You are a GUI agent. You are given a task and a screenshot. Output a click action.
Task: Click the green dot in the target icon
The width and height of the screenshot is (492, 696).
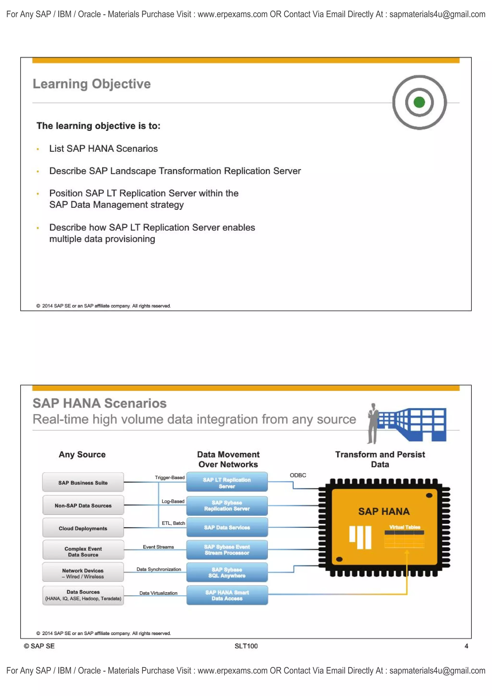tap(419, 102)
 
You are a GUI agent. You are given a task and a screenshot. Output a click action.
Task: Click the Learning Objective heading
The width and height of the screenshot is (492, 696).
tap(92, 84)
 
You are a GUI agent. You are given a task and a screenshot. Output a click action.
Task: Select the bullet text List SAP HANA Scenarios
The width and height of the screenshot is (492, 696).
tap(103, 148)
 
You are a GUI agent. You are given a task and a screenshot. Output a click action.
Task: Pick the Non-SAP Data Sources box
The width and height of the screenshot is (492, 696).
tap(83, 505)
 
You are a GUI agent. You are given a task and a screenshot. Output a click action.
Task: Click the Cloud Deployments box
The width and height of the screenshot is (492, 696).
tap(83, 528)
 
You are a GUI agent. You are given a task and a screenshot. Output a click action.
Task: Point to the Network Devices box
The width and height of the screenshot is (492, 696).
tap(83, 573)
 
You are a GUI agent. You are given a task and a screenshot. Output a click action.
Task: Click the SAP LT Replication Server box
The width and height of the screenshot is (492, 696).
tap(227, 482)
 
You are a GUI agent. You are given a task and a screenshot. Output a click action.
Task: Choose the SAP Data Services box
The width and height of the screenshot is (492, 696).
tap(227, 527)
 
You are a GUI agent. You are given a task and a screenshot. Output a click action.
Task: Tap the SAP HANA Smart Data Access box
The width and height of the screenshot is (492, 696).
tap(227, 595)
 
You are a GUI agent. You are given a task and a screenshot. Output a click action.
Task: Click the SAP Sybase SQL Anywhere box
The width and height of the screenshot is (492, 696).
tap(227, 572)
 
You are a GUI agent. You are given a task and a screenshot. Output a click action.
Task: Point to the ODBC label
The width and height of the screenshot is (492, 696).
tap(298, 475)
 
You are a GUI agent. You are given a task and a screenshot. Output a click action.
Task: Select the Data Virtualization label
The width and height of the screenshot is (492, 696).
tap(158, 593)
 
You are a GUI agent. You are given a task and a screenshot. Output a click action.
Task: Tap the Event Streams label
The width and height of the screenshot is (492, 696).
tap(158, 547)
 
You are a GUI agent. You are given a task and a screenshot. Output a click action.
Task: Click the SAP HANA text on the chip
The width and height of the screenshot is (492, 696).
tap(384, 511)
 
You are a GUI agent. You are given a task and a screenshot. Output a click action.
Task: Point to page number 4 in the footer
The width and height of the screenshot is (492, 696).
tap(466, 646)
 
